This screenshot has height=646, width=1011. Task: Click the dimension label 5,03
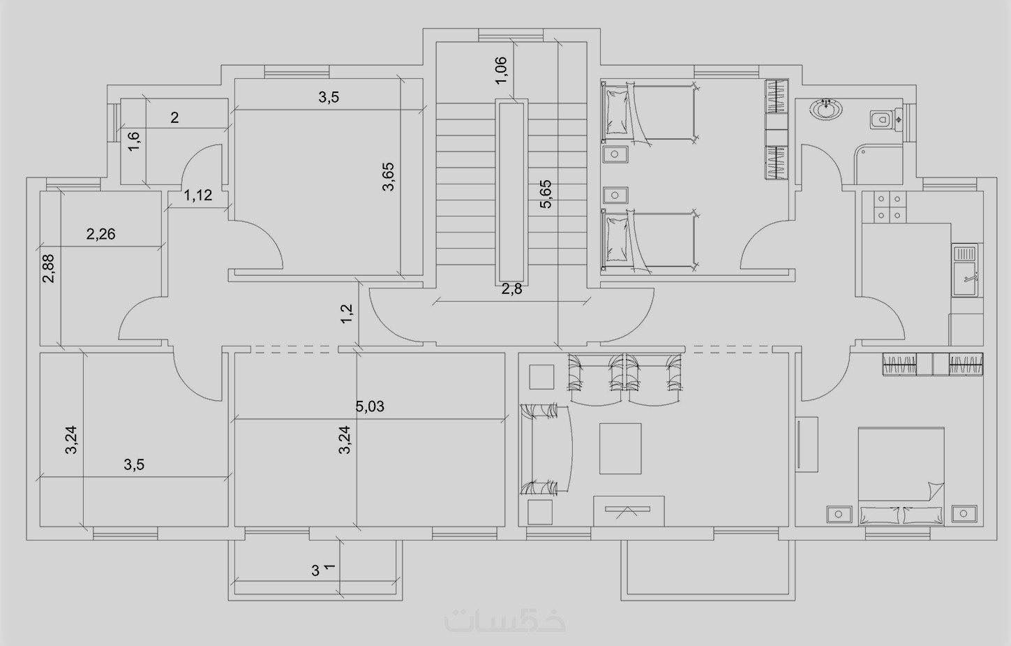pos(370,406)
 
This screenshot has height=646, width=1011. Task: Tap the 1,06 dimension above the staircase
pos(501,70)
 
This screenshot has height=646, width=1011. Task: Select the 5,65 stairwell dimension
pos(546,194)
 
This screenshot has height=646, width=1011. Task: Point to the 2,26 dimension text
pos(100,234)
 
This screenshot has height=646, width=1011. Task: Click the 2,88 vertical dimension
pos(48,268)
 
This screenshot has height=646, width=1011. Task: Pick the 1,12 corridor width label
pos(197,195)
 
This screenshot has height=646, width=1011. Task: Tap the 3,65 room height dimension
pos(388,177)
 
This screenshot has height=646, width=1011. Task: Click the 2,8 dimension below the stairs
pos(511,288)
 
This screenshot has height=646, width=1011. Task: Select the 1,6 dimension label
pos(134,141)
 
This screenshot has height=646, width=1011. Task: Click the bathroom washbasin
pos(826,110)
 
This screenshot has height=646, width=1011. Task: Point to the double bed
pos(901,476)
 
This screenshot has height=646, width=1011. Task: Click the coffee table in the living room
pos(620,448)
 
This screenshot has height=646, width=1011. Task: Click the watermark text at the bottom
pos(504,621)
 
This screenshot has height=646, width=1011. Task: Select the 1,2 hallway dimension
pos(346,314)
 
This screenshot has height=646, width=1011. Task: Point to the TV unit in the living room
pos(629,511)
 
